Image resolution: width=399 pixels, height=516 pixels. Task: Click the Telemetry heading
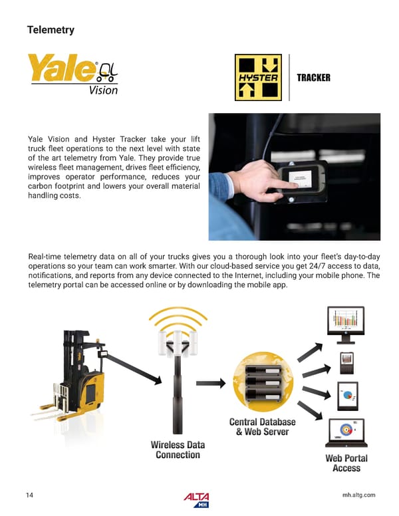click(50, 30)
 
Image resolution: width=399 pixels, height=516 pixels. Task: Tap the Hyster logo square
click(258, 77)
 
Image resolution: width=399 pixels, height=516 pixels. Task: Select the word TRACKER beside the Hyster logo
click(313, 78)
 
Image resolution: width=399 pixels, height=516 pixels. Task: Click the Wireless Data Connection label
click(178, 450)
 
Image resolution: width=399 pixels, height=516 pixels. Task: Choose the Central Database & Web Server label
click(262, 427)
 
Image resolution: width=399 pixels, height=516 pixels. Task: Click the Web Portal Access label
click(346, 463)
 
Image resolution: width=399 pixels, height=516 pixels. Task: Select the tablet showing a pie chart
click(346, 396)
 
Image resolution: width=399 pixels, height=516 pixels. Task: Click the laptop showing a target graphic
click(346, 433)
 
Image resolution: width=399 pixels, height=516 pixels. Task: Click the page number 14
click(30, 495)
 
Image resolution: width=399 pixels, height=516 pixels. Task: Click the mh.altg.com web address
click(357, 495)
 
